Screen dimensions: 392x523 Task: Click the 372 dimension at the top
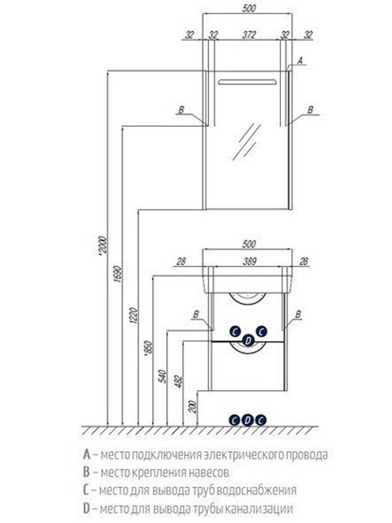tap(249, 35)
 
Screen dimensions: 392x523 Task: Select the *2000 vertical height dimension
tap(103, 246)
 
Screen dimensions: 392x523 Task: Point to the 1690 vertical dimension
tap(118, 274)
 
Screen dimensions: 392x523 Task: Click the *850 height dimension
tap(148, 348)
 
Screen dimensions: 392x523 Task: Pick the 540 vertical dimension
tap(163, 377)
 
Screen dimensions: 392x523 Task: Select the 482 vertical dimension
tap(178, 382)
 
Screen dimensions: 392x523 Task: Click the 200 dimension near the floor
tap(193, 407)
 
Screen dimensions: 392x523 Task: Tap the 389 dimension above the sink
tap(249, 261)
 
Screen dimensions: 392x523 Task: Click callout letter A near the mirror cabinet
tap(300, 60)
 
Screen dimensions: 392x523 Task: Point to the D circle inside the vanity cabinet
tap(248, 341)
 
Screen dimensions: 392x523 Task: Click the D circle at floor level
tap(248, 420)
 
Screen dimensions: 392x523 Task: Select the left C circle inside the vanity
tap(235, 331)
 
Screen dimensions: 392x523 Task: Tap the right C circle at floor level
tap(261, 420)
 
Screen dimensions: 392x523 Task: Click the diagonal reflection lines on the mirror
tap(247, 142)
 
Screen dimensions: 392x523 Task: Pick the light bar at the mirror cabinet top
tap(247, 82)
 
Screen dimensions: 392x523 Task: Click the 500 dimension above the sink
tap(249, 244)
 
